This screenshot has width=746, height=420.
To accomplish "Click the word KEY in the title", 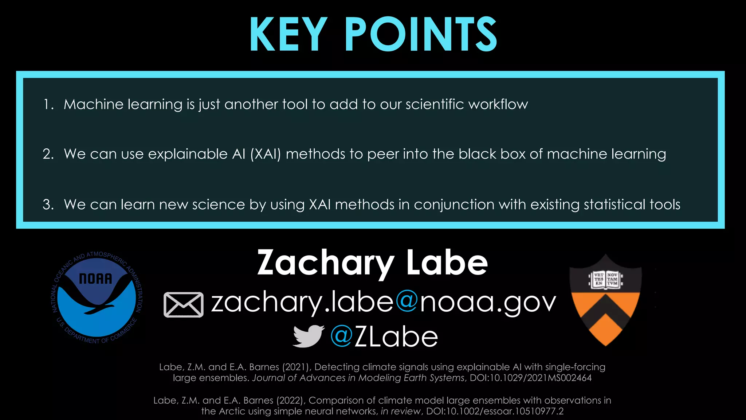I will [288, 35].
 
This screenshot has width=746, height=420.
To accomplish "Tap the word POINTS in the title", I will [421, 35].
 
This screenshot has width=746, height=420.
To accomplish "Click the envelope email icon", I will [183, 304].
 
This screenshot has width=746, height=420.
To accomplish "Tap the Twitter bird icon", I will [308, 336].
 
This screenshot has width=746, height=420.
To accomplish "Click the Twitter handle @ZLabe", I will [384, 337].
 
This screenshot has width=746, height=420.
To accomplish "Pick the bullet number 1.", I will [48, 105].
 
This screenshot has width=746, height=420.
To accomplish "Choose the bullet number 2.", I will [48, 154].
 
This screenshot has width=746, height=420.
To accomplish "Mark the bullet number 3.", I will [48, 205].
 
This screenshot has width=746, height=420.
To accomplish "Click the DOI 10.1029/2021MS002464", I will [530, 378].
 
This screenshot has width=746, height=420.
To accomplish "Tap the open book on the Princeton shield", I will [605, 280].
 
